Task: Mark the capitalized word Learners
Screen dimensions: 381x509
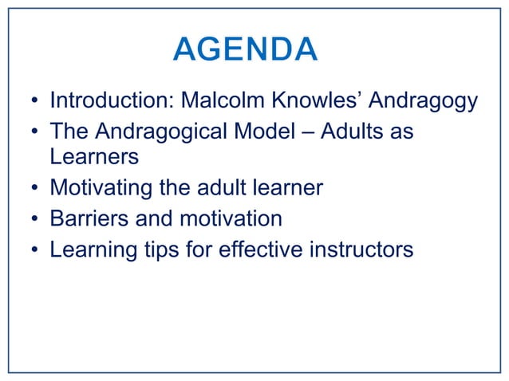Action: [94, 157]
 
